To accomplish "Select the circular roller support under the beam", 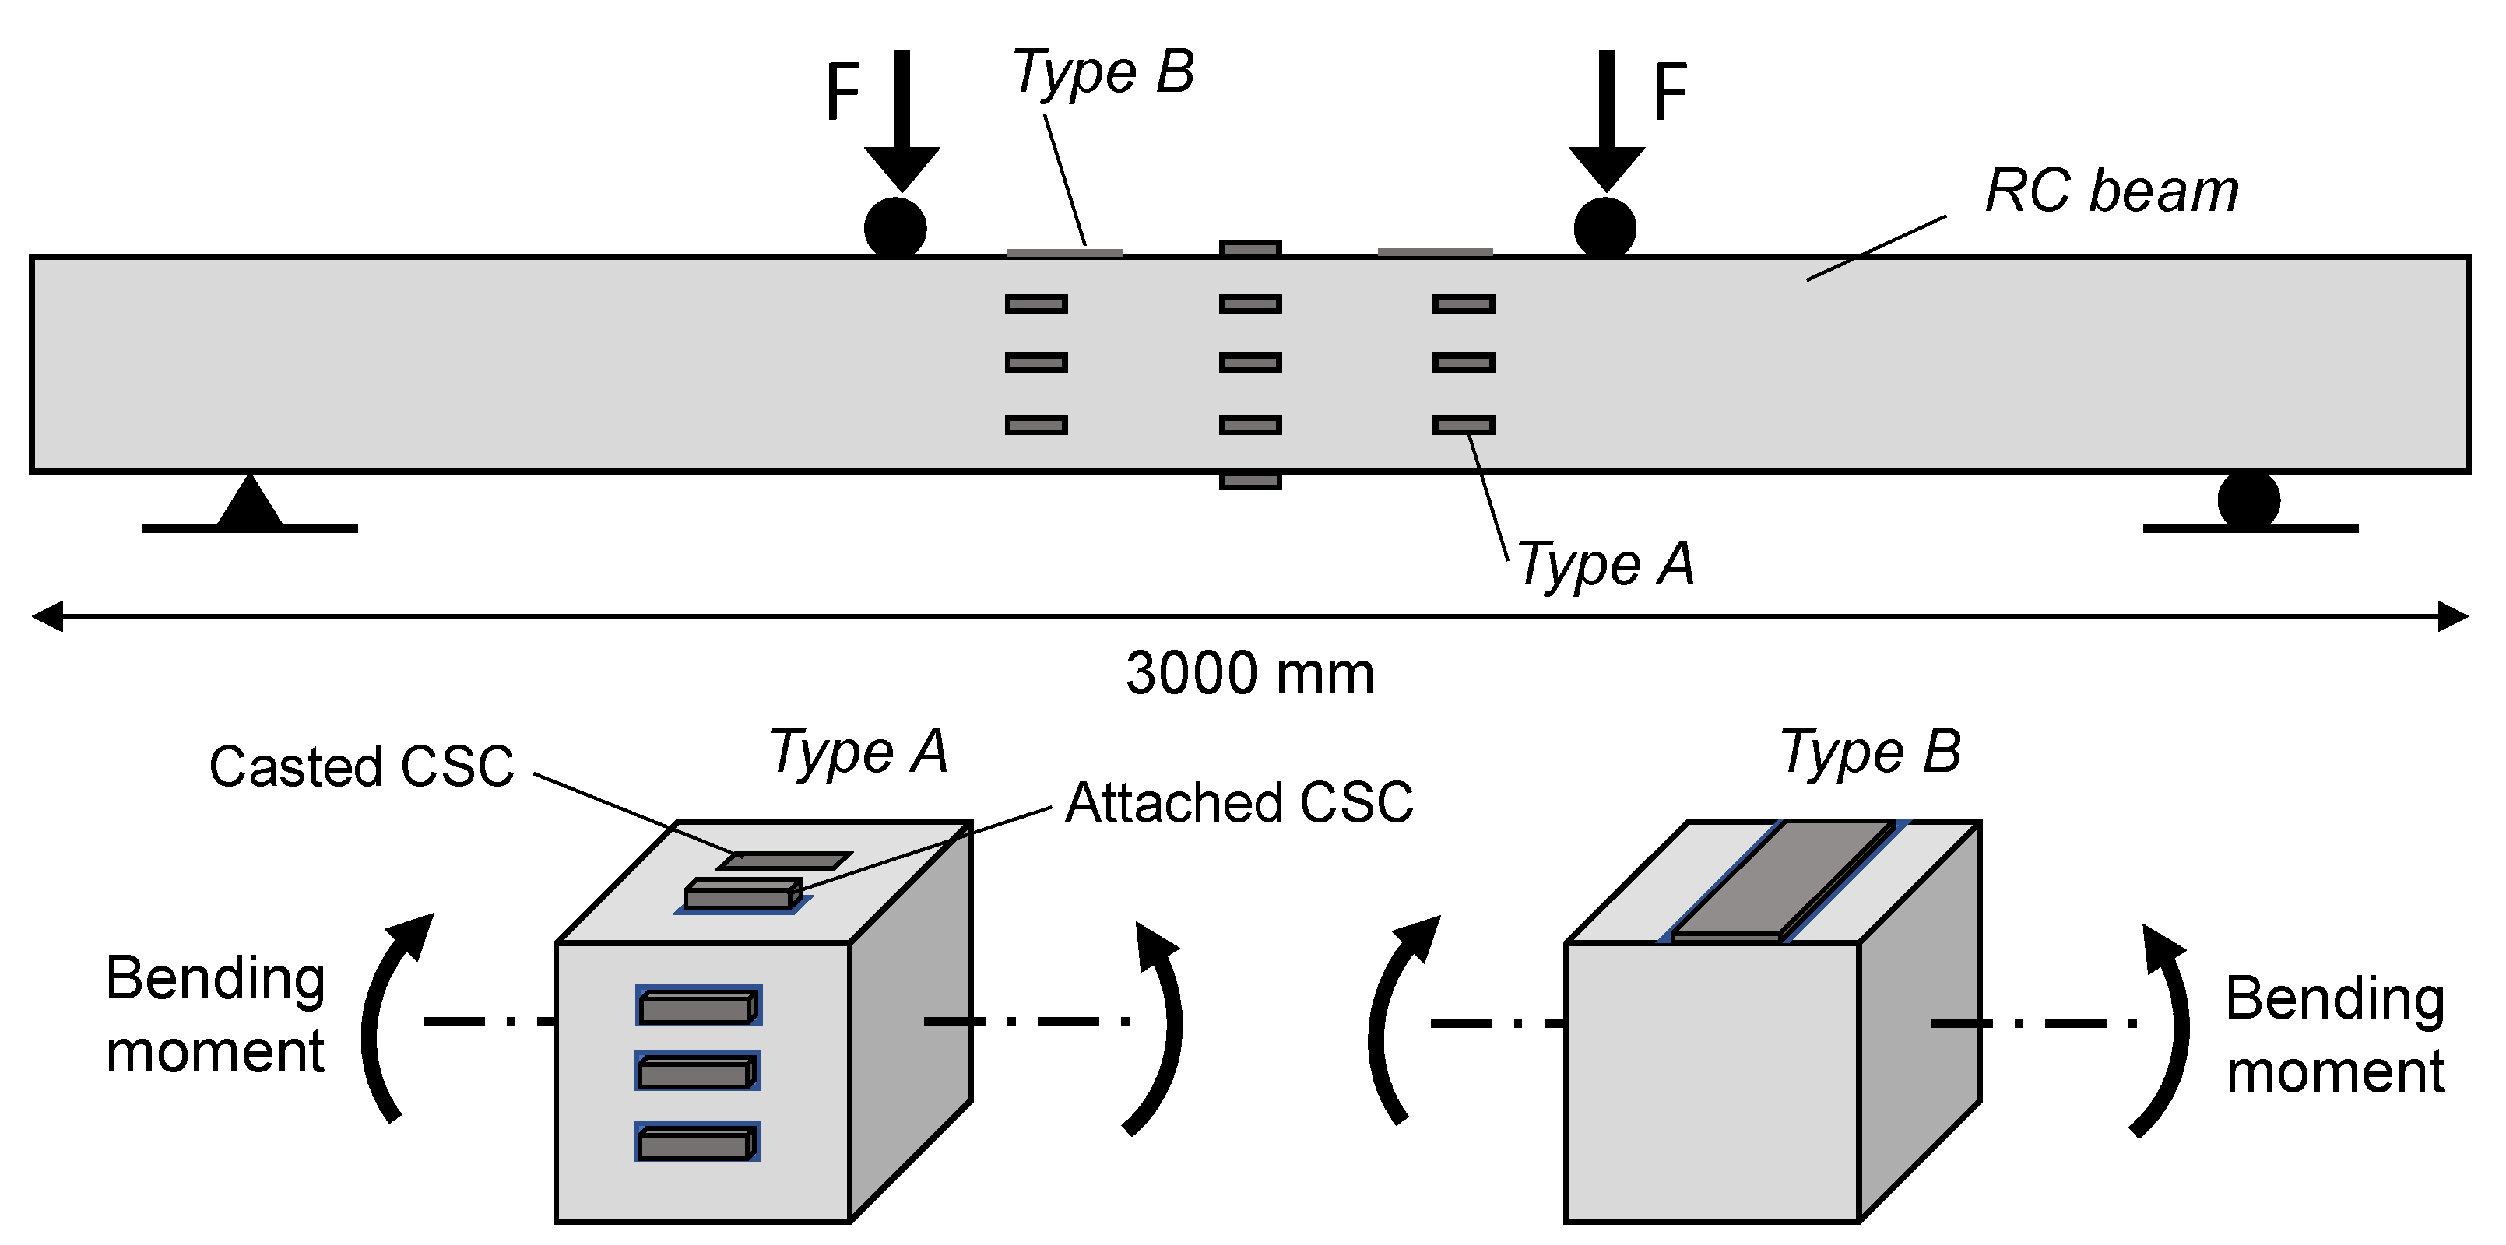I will pos(2248,500).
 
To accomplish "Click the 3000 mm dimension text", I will pos(1250,673).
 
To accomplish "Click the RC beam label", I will pos(2111,191).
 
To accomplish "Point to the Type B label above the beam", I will pos(1103,73).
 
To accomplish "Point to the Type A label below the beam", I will pos(1605,564).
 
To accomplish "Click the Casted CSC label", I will pos(361,766).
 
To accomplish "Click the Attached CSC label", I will pos(1239,803).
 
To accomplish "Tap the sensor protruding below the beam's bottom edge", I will pos(1250,482).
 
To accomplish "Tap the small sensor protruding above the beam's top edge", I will pos(1250,248).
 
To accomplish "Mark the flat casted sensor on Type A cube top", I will pos(784,861).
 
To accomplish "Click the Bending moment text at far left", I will pos(215,1015).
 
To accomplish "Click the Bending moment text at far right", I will pos(2335,1035).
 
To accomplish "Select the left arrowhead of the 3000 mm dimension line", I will pos(47,616).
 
